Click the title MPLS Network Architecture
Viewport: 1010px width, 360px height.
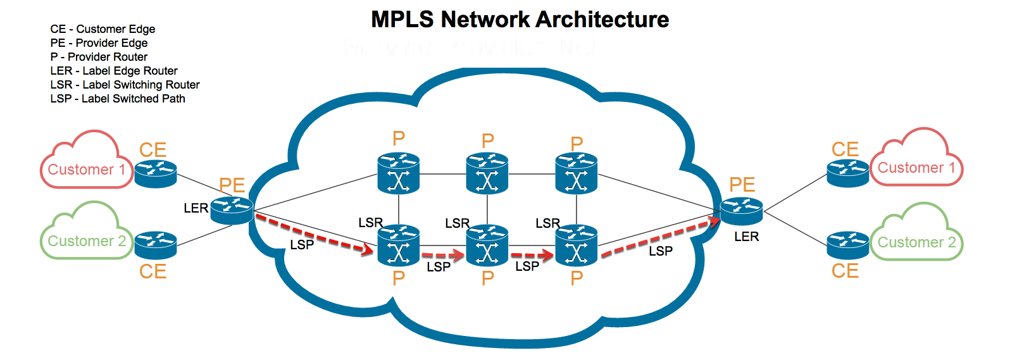pyautogui.click(x=520, y=20)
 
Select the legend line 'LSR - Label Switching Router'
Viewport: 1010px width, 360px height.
pyautogui.click(x=125, y=85)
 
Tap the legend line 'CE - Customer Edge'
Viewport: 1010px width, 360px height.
pyautogui.click(x=103, y=29)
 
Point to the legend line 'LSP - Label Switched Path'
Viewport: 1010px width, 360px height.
pyautogui.click(x=118, y=99)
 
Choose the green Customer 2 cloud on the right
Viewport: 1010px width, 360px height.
pyautogui.click(x=916, y=237)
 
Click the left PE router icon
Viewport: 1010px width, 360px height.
pyautogui.click(x=232, y=210)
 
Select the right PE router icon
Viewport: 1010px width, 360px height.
pyautogui.click(x=741, y=211)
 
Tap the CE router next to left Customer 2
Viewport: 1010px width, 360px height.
pyautogui.click(x=156, y=245)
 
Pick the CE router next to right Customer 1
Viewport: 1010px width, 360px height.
pyautogui.click(x=848, y=173)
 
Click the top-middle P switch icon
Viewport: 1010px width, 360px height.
pyautogui.click(x=487, y=173)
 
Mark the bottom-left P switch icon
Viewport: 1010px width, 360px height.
pyautogui.click(x=399, y=246)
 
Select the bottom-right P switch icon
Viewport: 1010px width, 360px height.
pyautogui.click(x=577, y=246)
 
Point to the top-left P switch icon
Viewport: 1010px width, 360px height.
pyautogui.click(x=399, y=173)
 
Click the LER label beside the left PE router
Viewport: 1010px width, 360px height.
pyautogui.click(x=196, y=208)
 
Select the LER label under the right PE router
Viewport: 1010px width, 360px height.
pyautogui.click(x=746, y=237)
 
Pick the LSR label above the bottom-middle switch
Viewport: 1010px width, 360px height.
pyautogui.click(x=457, y=223)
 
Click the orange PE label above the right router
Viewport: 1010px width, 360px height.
pyautogui.click(x=742, y=185)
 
